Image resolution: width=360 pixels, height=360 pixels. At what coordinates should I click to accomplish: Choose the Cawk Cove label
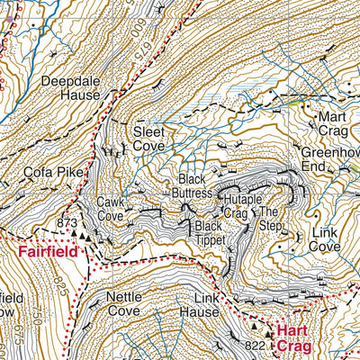pos(110,209)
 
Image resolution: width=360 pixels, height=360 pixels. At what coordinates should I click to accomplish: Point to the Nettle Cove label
pos(125,302)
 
